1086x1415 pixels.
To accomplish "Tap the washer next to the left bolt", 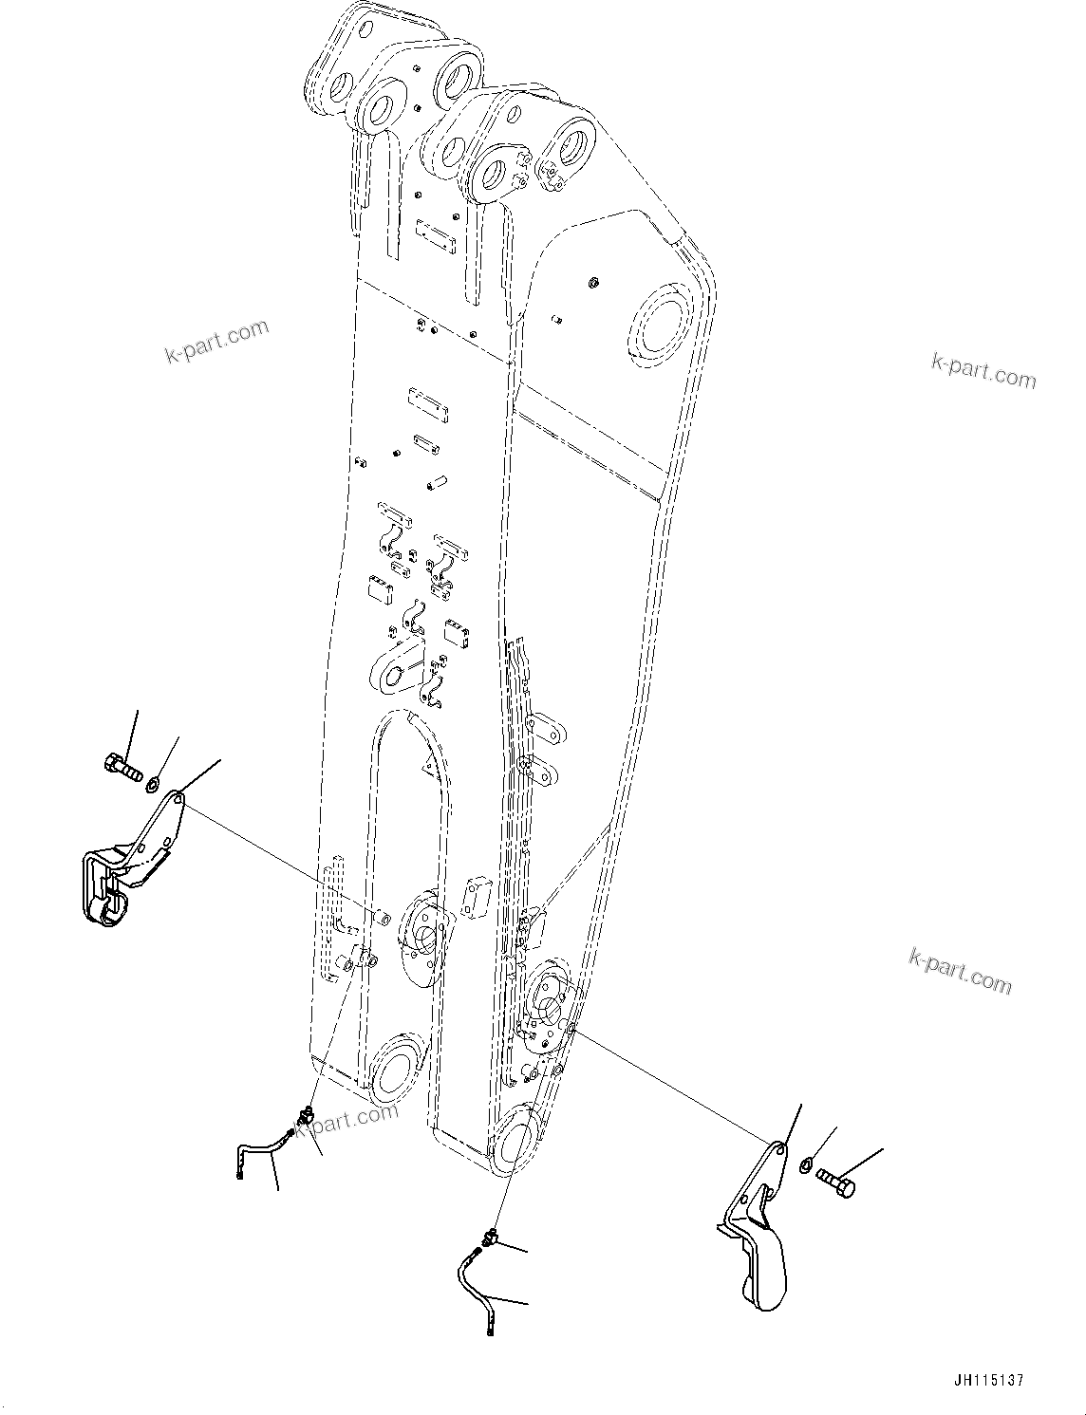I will (152, 784).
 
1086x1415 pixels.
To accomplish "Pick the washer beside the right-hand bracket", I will (806, 1164).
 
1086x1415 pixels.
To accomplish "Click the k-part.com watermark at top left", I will (217, 341).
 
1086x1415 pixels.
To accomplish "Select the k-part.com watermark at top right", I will (983, 370).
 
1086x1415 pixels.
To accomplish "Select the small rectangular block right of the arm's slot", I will (474, 898).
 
